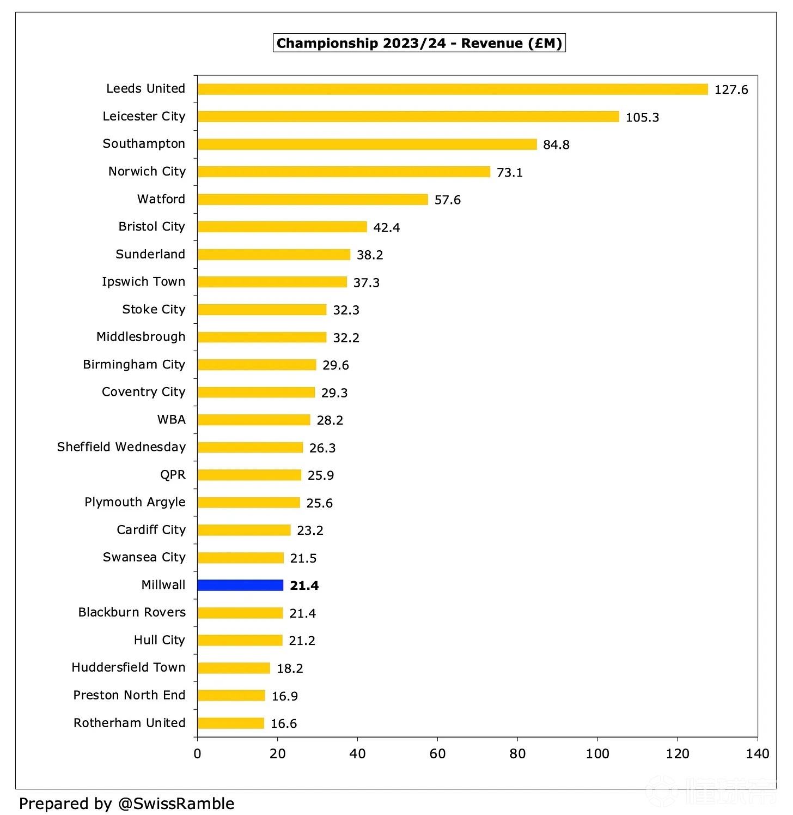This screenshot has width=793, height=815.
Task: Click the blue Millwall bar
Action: (240, 585)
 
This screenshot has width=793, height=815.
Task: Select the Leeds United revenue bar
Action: (453, 89)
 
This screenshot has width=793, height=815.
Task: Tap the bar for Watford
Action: (313, 200)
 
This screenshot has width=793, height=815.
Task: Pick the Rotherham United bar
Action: (231, 723)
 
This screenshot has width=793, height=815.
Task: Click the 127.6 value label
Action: (731, 90)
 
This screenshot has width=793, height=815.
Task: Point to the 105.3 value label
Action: (642, 118)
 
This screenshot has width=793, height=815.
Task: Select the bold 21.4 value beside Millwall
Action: (304, 586)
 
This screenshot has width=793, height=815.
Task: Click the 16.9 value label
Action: (284, 696)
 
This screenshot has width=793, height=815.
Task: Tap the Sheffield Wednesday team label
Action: (121, 447)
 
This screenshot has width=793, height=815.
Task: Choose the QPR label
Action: (173, 475)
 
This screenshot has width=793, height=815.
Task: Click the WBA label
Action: (171, 420)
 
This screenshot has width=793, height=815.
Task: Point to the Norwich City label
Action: (147, 172)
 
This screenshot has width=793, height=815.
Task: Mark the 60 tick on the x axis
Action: (437, 753)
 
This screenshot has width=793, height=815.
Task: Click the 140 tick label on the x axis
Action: (757, 753)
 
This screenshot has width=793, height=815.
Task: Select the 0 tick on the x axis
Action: (197, 753)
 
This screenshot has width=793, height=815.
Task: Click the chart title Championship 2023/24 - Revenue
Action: (419, 43)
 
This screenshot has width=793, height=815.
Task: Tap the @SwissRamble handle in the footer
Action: (176, 804)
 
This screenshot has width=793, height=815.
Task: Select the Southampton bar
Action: (367, 144)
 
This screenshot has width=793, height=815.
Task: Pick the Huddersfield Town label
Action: (129, 668)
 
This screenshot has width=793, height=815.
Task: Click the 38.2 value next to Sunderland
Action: (370, 255)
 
